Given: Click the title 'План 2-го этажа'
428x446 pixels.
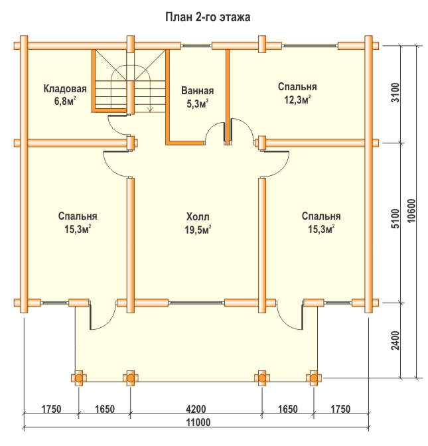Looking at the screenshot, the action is [x=208, y=17].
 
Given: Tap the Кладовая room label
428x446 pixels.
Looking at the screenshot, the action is [x=65, y=89].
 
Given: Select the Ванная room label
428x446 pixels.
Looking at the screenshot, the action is [x=198, y=91].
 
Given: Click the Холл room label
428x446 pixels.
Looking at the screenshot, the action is [x=198, y=217].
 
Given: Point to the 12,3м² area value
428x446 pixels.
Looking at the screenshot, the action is [x=297, y=100].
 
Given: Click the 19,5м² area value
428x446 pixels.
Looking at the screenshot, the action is [x=198, y=229].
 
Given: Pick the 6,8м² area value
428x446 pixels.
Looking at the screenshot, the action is [x=65, y=101].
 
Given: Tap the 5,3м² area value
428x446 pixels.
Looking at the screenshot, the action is [x=198, y=104].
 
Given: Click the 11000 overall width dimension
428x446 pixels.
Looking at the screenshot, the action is [x=198, y=423].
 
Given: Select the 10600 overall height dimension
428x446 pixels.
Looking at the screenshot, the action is [x=412, y=211].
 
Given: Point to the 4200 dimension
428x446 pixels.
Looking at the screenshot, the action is [x=196, y=409].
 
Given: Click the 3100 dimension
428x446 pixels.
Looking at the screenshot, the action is [x=395, y=93].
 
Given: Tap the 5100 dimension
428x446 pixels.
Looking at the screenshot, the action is [x=395, y=218].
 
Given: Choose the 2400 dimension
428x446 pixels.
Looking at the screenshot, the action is [x=395, y=340].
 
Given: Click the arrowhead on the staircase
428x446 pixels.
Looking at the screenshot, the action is [x=150, y=110].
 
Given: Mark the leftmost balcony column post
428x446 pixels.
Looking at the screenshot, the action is [x=79, y=378].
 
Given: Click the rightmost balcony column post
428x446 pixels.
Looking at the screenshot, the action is [x=314, y=378].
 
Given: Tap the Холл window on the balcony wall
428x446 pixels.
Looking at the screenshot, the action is [x=196, y=303].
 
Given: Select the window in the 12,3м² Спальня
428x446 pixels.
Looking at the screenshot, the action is [x=311, y=46].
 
